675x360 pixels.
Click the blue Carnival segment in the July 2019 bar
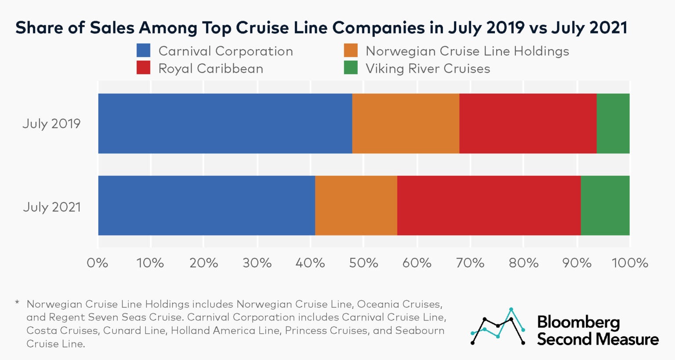pyautogui.click(x=225, y=124)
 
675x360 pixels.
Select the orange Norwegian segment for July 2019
pyautogui.click(x=406, y=124)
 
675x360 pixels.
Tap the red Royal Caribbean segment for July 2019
pyautogui.click(x=528, y=124)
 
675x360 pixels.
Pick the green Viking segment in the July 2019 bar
pyautogui.click(x=613, y=124)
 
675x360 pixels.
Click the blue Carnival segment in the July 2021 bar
pyautogui.click(x=207, y=206)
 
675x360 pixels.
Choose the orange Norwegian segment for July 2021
pyautogui.click(x=356, y=206)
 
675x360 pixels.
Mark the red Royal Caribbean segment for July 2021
pyautogui.click(x=489, y=206)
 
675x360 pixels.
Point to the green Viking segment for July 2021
pyautogui.click(x=605, y=206)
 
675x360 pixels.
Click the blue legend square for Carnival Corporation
pyautogui.click(x=143, y=51)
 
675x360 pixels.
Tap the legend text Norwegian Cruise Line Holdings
pyautogui.click(x=467, y=51)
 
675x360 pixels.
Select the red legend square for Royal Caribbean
pyautogui.click(x=143, y=68)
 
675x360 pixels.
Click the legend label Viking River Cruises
pyautogui.click(x=428, y=69)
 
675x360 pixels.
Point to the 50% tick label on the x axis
pyautogui.click(x=364, y=263)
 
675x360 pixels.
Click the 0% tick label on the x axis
pyautogui.click(x=98, y=263)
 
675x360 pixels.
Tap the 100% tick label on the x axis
pyautogui.click(x=630, y=263)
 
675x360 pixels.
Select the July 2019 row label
pyautogui.click(x=51, y=124)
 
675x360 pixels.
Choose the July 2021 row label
pyautogui.click(x=52, y=207)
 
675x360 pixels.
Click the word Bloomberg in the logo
pyautogui.click(x=578, y=322)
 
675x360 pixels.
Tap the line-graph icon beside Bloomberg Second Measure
pyautogui.click(x=497, y=327)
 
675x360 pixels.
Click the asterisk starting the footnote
pyautogui.click(x=17, y=303)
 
